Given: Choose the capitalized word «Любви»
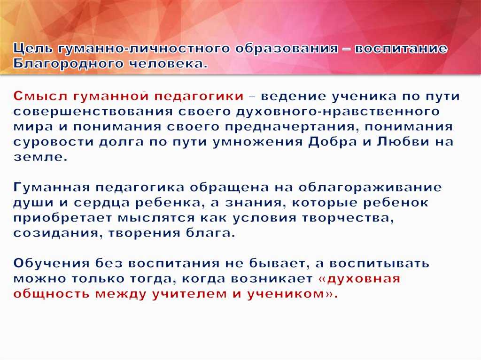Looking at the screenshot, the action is (x=403, y=142).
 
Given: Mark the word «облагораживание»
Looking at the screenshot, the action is (x=370, y=187).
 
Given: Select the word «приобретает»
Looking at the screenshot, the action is (x=63, y=218).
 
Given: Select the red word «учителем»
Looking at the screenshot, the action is (x=190, y=294).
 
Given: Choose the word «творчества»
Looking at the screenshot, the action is (x=348, y=218).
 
